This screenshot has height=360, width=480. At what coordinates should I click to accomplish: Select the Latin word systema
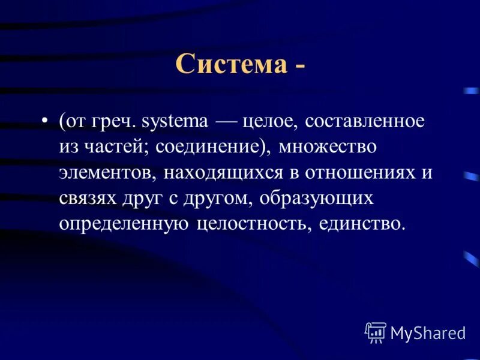176,122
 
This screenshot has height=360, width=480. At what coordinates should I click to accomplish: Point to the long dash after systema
225,122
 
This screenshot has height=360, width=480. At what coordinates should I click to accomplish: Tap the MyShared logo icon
376,332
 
